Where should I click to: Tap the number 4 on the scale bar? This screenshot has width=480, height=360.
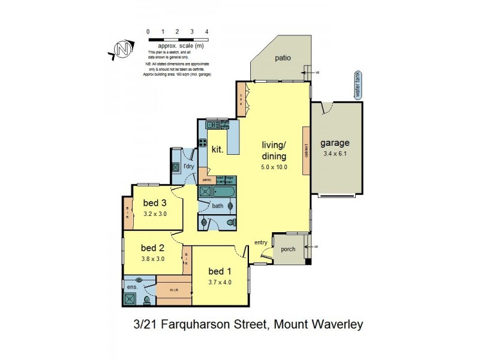206,31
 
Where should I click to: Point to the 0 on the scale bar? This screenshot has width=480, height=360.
149,31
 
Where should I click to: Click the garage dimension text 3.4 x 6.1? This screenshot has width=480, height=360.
335,154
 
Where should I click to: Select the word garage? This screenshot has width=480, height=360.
335,143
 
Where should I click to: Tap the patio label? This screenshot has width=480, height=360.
283,58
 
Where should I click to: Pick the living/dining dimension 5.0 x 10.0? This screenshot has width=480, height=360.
275,167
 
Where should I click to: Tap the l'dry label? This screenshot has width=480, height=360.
189,166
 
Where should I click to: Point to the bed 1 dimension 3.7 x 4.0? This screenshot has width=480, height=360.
220,282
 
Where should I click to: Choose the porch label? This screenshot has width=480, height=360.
288,249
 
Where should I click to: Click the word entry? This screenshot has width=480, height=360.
260,242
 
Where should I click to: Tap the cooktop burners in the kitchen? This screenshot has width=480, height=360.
212,125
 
